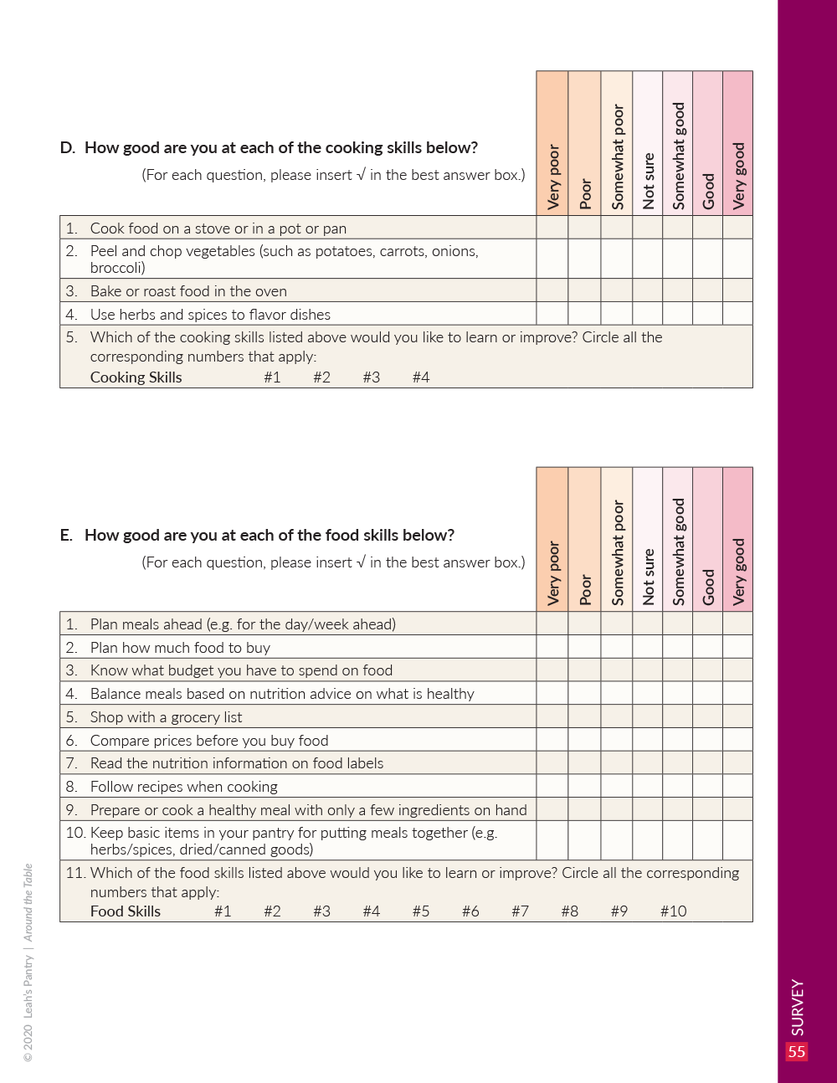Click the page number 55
[796, 1051]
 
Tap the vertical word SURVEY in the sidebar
[798, 1007]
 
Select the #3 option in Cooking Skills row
[371, 377]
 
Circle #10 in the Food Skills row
[673, 911]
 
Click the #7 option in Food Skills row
[520, 911]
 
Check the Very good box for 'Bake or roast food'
[737, 290]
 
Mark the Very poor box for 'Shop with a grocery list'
[552, 716]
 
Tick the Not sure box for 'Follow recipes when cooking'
[647, 786]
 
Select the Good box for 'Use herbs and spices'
[707, 314]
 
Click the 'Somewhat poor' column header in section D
[617, 156]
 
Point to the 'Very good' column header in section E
[737, 571]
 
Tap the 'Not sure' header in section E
[647, 577]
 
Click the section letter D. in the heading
[67, 148]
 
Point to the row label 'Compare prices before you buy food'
[208, 741]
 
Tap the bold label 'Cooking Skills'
[136, 377]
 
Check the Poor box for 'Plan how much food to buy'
[584, 647]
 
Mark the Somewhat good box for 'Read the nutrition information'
[677, 762]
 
